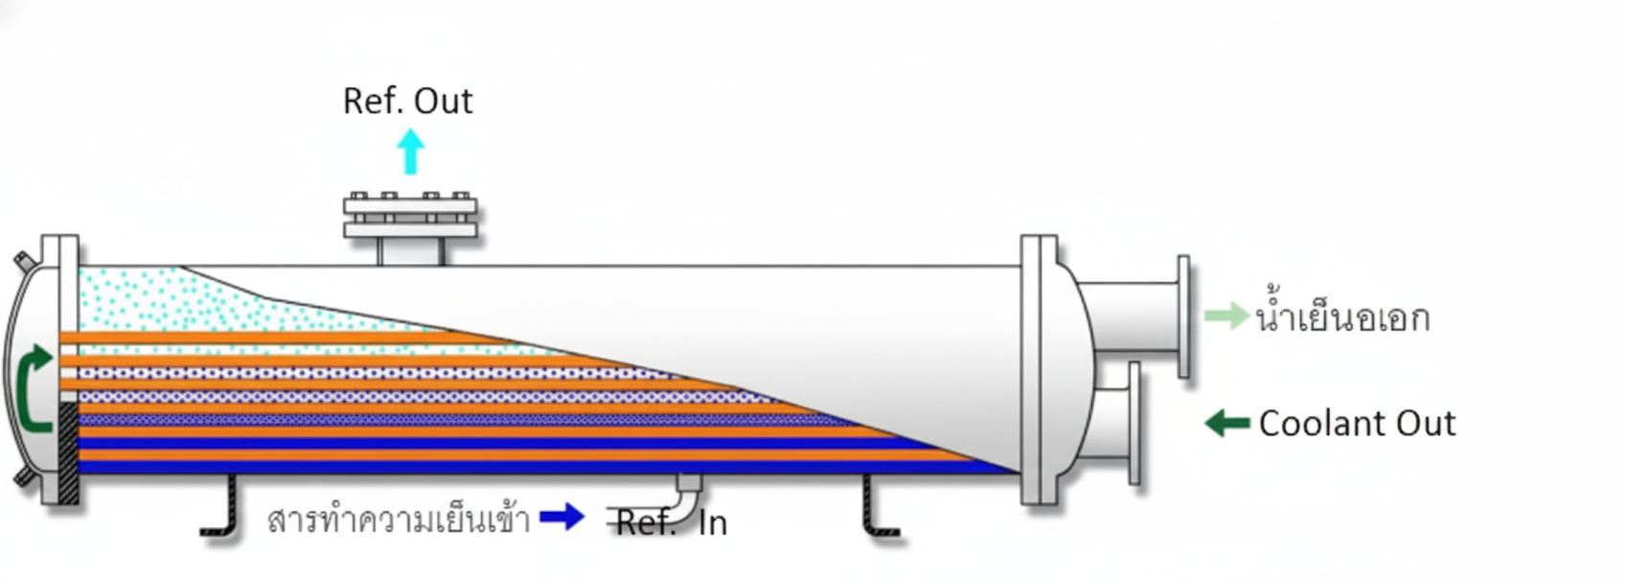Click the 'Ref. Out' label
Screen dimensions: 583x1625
point(407,101)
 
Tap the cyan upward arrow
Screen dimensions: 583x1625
point(410,152)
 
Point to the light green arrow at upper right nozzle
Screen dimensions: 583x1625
point(1225,315)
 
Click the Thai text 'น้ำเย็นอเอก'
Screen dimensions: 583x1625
point(1342,316)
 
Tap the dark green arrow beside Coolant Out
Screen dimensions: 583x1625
point(1226,423)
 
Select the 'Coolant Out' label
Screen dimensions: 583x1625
point(1357,423)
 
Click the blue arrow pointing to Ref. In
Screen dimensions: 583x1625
point(562,517)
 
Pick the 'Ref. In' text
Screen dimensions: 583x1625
point(671,523)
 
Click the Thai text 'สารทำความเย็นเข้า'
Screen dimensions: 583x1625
point(399,520)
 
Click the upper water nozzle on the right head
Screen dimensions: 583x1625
point(1135,317)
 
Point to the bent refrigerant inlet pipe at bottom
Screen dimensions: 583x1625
point(686,491)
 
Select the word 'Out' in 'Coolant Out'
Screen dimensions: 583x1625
point(1426,423)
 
